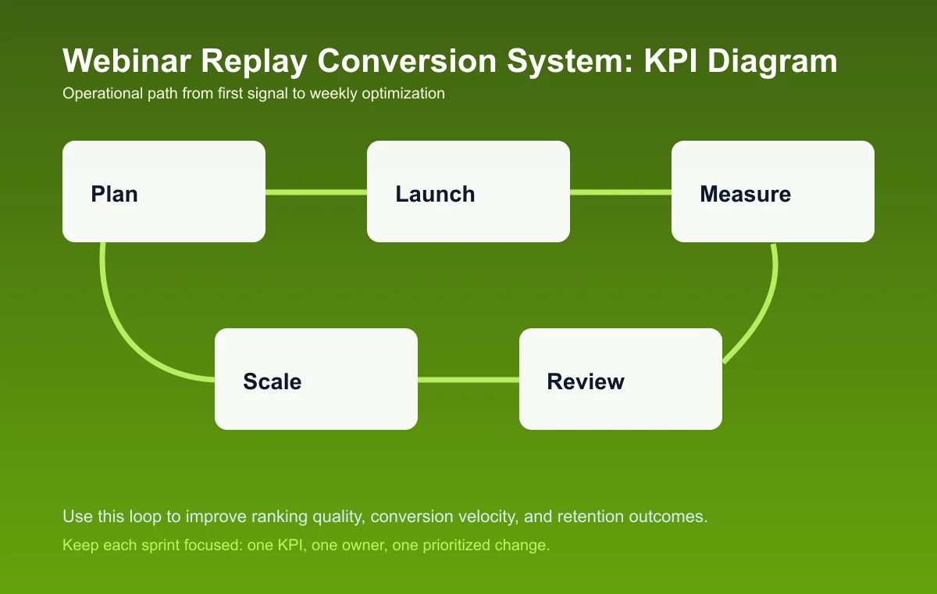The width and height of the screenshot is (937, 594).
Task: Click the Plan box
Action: pyautogui.click(x=164, y=191)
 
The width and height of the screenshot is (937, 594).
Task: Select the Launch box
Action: pyautogui.click(x=468, y=191)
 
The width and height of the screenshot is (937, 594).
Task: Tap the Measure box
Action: pyautogui.click(x=773, y=191)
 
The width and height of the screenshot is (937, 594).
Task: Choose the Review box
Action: pyautogui.click(x=621, y=379)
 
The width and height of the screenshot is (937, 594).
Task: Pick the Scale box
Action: pyautogui.click(x=316, y=379)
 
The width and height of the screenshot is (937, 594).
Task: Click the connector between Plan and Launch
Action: pyautogui.click(x=316, y=191)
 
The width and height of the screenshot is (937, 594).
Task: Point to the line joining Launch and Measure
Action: pyautogui.click(x=621, y=191)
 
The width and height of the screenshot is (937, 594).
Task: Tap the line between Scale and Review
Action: pyautogui.click(x=468, y=380)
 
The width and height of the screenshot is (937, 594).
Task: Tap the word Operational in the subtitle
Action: pyautogui.click(x=97, y=94)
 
